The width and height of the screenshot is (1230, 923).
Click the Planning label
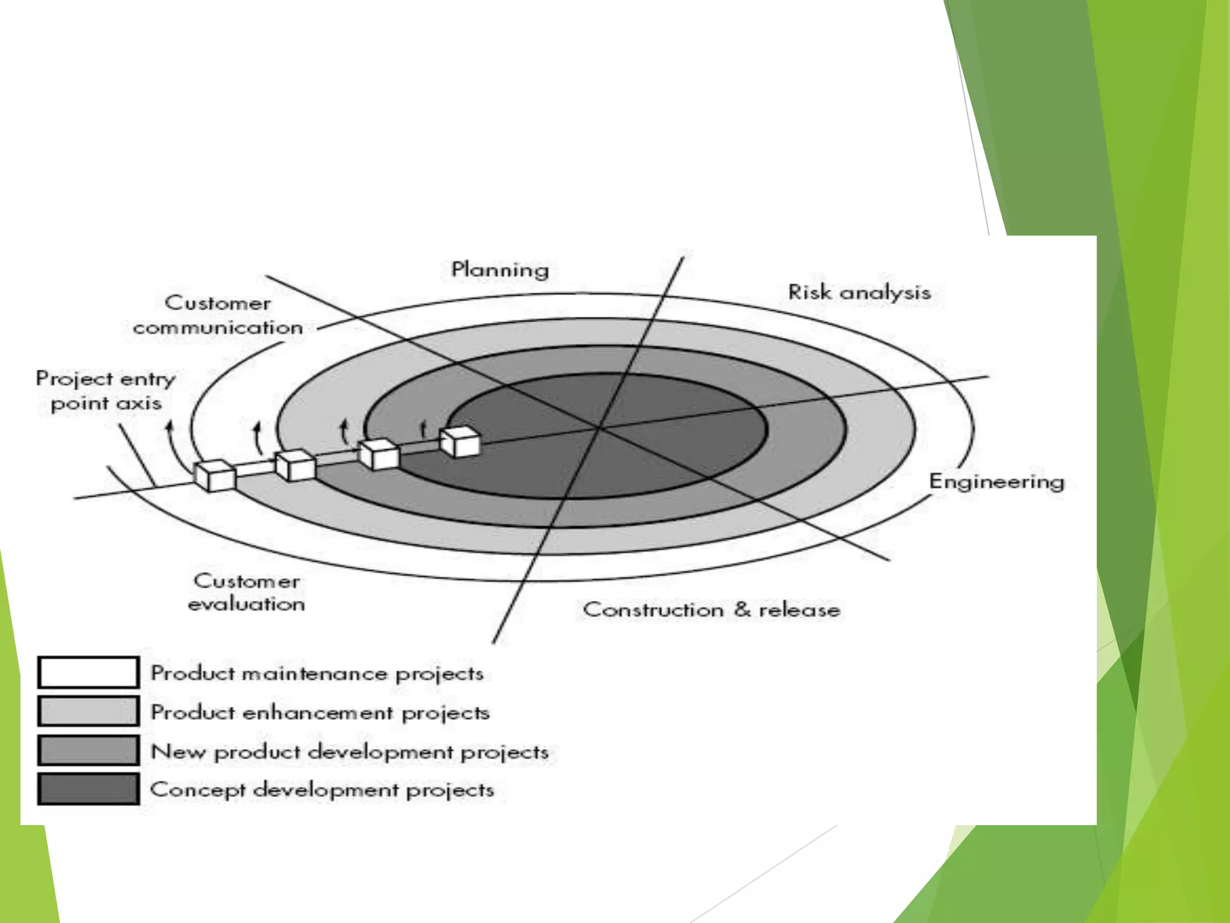[x=500, y=270]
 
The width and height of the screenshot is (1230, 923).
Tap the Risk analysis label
[x=859, y=293]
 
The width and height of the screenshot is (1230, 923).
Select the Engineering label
[x=996, y=481]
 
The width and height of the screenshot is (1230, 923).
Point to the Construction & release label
[x=711, y=610]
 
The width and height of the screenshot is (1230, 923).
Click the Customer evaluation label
[x=246, y=592]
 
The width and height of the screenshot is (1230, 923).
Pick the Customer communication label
[x=217, y=315]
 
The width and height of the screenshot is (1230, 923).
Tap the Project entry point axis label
[x=106, y=391]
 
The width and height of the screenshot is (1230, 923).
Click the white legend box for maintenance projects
[x=88, y=672]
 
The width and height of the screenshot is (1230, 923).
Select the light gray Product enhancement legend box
[x=88, y=711]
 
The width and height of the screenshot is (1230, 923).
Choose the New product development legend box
[x=88, y=751]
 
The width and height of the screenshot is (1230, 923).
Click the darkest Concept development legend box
[x=88, y=789]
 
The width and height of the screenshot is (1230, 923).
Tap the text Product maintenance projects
[x=317, y=674]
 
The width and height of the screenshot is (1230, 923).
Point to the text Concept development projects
[x=322, y=790]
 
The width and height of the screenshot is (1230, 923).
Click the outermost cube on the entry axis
[x=214, y=476]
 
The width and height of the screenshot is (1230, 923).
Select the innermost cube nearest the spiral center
[x=459, y=442]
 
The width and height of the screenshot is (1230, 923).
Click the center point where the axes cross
[x=598, y=428]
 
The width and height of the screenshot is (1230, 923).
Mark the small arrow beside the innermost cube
[x=423, y=428]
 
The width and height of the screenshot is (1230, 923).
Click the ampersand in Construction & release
[x=742, y=609]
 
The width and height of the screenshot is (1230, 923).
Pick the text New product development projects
[x=350, y=752]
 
